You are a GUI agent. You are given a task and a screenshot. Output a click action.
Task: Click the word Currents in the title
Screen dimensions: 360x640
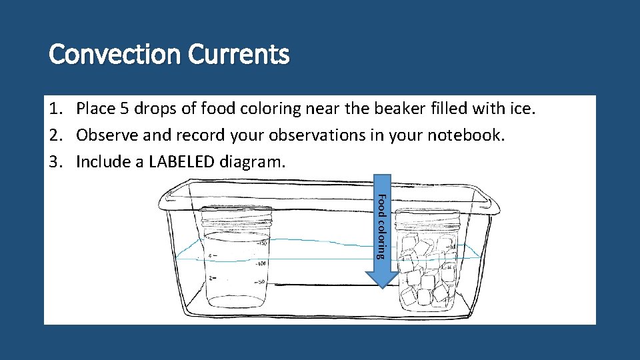click(x=239, y=55)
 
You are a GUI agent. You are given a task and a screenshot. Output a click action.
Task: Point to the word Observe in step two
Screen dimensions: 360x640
click(x=107, y=135)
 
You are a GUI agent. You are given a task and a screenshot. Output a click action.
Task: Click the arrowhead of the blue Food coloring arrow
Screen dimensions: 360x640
click(x=379, y=279)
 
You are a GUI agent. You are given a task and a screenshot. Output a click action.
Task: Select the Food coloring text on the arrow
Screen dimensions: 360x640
click(x=381, y=225)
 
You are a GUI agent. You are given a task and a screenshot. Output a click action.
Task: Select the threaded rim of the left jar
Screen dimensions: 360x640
click(x=237, y=217)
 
